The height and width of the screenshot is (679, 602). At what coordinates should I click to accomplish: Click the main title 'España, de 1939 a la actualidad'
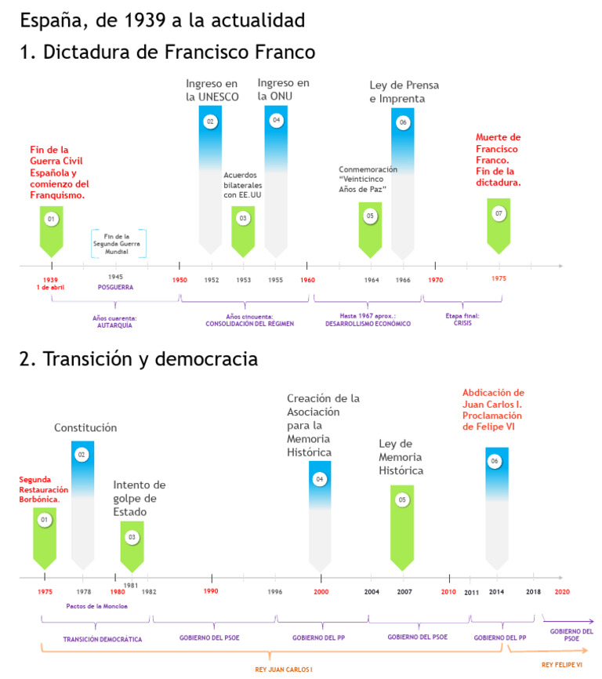(x=162, y=19)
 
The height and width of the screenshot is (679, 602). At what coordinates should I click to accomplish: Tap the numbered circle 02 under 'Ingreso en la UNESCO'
(x=210, y=122)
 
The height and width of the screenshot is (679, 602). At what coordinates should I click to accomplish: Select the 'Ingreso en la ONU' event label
(x=283, y=89)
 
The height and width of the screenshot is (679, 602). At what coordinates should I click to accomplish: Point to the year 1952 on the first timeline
(x=212, y=280)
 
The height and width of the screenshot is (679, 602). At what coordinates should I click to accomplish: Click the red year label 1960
(x=307, y=280)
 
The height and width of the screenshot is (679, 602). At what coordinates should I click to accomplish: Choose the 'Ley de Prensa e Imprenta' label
(x=404, y=92)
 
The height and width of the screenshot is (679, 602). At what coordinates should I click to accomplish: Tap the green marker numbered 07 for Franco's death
(x=499, y=212)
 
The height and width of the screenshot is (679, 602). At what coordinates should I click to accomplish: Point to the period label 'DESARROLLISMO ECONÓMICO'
(x=367, y=323)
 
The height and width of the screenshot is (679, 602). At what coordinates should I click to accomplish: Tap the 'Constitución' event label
(x=85, y=427)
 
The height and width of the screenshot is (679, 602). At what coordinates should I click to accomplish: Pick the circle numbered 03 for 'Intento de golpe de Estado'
(x=132, y=537)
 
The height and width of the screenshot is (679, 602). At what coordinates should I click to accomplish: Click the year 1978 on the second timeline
(x=83, y=591)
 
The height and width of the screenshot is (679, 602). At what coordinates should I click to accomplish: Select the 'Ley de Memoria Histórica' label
(x=401, y=457)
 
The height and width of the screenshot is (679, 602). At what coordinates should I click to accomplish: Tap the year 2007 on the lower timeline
(x=404, y=591)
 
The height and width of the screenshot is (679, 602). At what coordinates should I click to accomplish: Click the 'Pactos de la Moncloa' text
(x=96, y=605)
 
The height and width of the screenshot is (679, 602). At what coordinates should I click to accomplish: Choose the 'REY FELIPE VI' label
(x=561, y=664)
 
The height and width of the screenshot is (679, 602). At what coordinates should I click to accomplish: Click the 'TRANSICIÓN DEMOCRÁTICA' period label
(x=103, y=639)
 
